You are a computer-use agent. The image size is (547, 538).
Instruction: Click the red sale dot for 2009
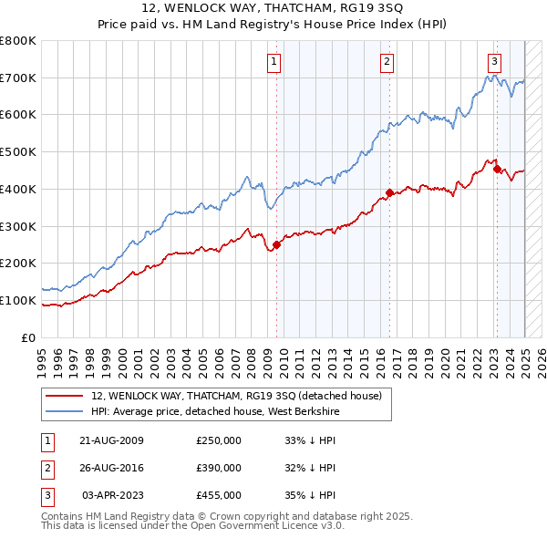(276, 244)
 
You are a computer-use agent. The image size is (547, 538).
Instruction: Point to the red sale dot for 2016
(389, 192)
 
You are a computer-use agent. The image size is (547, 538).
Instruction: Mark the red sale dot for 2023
(496, 169)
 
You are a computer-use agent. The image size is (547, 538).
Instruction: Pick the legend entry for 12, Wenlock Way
(242, 396)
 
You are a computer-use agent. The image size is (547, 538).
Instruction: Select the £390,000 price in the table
(219, 468)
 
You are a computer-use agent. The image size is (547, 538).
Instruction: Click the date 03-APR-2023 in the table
(113, 495)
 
